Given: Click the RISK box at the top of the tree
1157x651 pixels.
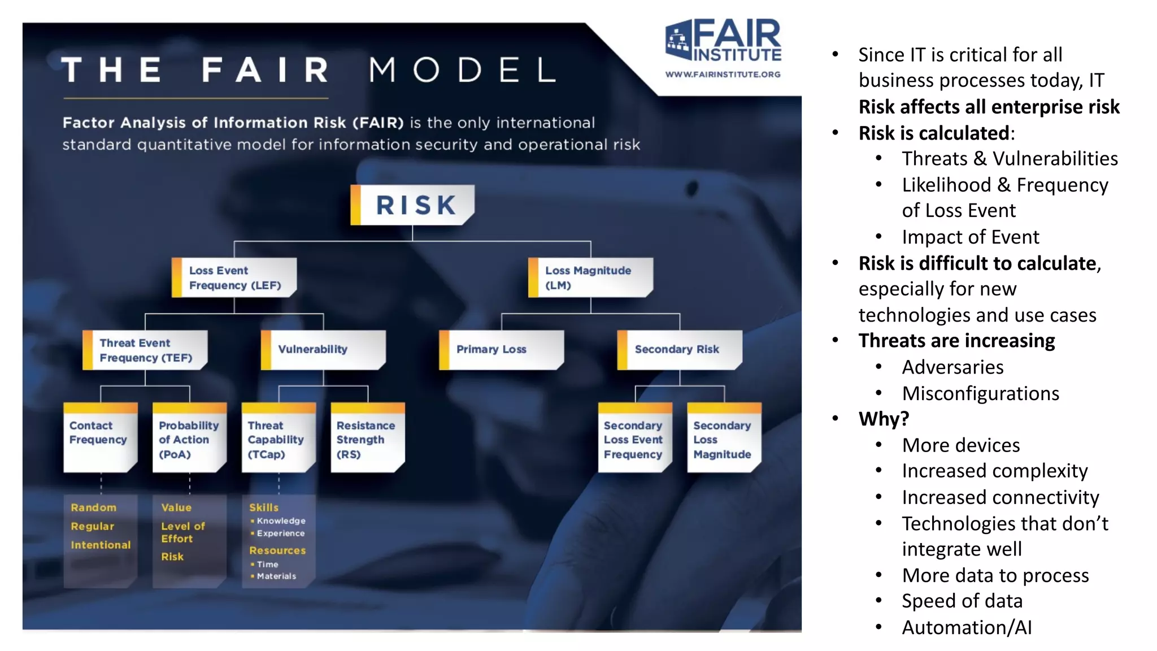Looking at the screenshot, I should click(x=413, y=205).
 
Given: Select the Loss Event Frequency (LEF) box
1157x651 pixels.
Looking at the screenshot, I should click(x=234, y=277).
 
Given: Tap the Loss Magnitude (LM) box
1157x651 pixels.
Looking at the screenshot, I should click(x=590, y=277).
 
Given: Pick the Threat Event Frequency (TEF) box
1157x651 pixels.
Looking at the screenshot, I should click(x=145, y=350).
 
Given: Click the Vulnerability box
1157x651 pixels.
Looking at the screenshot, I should click(x=324, y=350).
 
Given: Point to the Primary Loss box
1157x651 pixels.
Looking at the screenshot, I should click(x=502, y=350).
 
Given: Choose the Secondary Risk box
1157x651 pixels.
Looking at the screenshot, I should click(x=680, y=350).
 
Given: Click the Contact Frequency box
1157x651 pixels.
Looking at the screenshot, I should click(x=101, y=437).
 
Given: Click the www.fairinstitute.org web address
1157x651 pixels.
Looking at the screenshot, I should click(x=723, y=74).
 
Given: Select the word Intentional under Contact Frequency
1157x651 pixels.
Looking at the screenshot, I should click(x=101, y=545).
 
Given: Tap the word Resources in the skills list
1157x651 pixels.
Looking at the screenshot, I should click(x=277, y=550).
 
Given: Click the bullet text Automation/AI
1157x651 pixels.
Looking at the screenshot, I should click(x=967, y=627).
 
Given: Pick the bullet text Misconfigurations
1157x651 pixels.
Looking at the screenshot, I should click(x=980, y=393).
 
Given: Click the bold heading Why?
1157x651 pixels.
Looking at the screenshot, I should click(x=884, y=419).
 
